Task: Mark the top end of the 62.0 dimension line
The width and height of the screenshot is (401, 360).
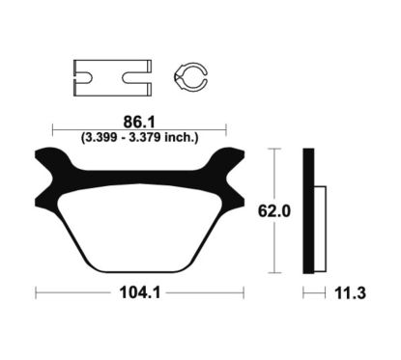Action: click(x=275, y=150)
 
